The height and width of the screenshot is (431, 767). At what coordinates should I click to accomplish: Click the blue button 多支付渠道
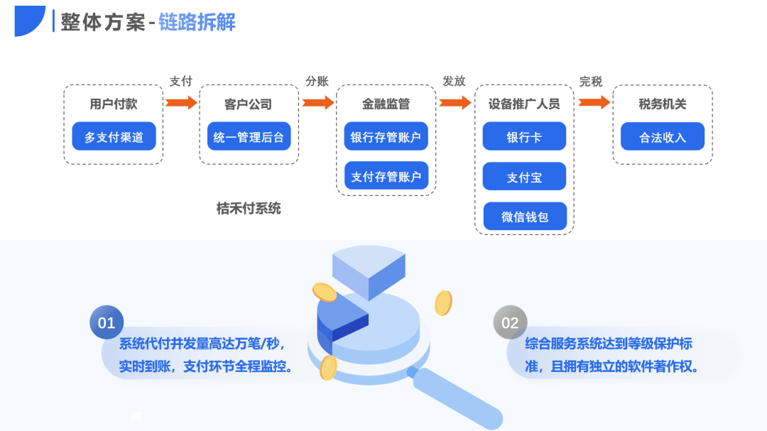click(x=114, y=136)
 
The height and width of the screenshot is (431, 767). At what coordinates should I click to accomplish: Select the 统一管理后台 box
click(x=249, y=136)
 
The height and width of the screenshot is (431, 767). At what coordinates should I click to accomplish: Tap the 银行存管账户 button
click(x=386, y=136)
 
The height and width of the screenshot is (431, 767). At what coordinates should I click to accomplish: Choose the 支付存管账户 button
click(x=386, y=176)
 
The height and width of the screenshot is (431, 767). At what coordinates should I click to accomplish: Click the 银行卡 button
click(x=524, y=136)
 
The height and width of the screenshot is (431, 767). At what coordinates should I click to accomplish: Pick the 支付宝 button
click(x=524, y=177)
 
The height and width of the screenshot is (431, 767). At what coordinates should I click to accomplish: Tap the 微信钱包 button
click(x=524, y=217)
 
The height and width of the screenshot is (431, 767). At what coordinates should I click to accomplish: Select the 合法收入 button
click(x=662, y=136)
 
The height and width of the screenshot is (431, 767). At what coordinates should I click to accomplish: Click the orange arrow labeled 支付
click(x=181, y=102)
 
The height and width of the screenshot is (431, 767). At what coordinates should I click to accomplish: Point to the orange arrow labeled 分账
click(x=317, y=102)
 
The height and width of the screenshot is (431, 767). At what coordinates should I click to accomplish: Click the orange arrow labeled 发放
click(x=455, y=102)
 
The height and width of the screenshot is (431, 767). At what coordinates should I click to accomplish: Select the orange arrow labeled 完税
click(x=594, y=102)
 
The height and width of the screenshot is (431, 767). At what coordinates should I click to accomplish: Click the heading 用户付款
click(x=114, y=104)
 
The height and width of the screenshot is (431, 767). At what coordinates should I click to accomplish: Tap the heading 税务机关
click(x=662, y=104)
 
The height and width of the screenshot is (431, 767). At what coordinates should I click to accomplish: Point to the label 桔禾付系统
click(x=249, y=208)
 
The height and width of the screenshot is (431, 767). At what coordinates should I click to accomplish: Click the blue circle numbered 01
click(x=107, y=323)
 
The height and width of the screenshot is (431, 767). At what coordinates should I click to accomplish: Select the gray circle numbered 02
click(x=510, y=323)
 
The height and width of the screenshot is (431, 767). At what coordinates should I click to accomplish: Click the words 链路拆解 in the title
click(x=197, y=22)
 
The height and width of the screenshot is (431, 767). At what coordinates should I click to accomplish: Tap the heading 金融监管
click(x=386, y=104)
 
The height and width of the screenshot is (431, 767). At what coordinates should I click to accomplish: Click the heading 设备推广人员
click(x=524, y=104)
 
